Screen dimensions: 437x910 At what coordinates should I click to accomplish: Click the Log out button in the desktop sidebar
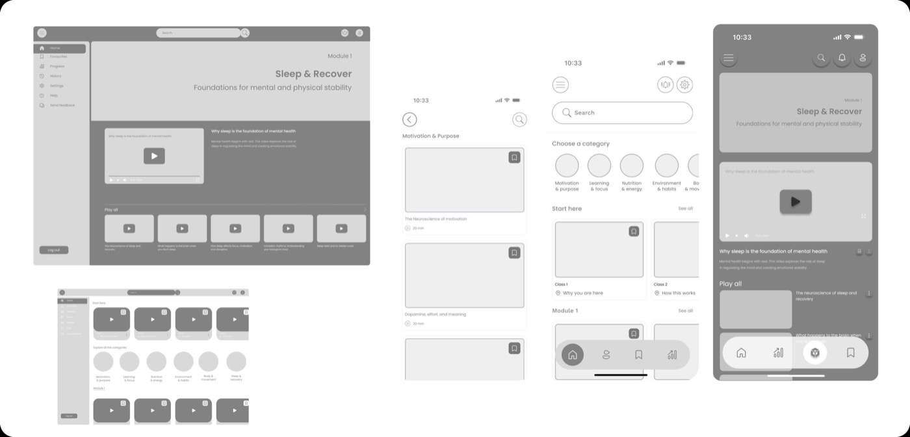(x=53, y=250)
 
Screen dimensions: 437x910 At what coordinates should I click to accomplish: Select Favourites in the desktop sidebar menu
(x=58, y=56)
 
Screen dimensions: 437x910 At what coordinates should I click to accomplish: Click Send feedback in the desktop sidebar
(x=62, y=105)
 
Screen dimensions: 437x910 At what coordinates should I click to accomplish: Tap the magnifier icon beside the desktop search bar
(x=245, y=32)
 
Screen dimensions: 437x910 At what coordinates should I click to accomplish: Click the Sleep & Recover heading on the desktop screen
(x=313, y=74)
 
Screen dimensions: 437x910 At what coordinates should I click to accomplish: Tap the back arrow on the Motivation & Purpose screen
(x=409, y=119)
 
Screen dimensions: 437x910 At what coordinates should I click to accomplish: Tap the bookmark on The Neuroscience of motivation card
(x=514, y=157)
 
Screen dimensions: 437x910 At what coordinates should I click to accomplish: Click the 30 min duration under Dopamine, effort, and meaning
(x=418, y=323)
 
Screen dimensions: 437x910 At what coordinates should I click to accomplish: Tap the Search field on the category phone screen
(x=622, y=113)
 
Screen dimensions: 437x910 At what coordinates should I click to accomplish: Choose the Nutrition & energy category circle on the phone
(x=631, y=166)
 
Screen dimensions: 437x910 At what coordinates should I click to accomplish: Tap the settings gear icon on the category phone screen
(x=684, y=85)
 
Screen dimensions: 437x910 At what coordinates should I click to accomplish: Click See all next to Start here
(x=685, y=208)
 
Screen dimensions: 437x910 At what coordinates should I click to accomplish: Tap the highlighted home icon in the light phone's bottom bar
(x=573, y=355)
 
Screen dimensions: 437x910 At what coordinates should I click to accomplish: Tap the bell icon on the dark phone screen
(x=842, y=58)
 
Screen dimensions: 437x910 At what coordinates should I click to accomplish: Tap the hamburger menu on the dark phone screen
(x=729, y=58)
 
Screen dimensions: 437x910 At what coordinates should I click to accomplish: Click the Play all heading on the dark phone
(x=731, y=284)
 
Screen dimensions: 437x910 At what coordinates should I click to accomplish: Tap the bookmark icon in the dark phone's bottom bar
(x=850, y=353)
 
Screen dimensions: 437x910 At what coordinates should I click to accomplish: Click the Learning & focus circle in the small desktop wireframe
(x=129, y=362)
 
